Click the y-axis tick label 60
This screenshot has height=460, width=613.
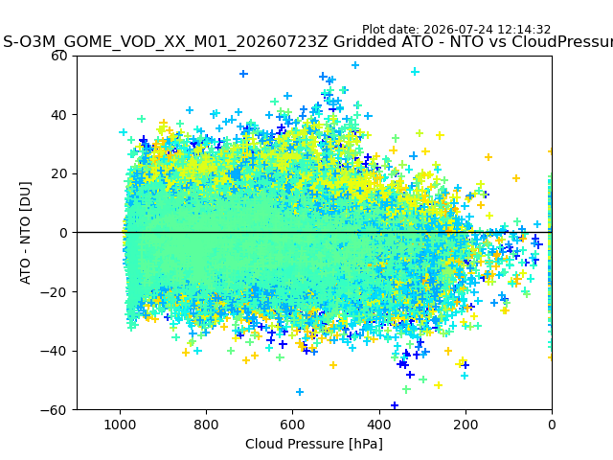(59, 56)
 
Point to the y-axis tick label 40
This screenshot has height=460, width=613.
(59, 115)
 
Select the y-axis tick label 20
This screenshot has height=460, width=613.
(59, 174)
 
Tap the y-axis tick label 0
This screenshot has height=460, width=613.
(63, 233)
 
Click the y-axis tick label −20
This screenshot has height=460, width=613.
(55, 292)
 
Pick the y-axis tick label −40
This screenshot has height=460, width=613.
(55, 352)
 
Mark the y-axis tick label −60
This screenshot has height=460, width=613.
(55, 410)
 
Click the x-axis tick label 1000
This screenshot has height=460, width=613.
(120, 425)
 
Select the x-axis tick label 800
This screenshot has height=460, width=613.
(207, 425)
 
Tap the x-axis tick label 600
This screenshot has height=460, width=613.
(293, 425)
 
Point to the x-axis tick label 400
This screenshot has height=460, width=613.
(379, 425)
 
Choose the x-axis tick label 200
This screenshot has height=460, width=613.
(465, 425)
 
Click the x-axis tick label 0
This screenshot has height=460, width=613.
(552, 425)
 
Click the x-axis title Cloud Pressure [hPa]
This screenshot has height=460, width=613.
(314, 444)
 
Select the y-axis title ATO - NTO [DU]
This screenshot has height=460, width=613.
(25, 233)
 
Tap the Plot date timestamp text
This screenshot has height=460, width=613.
(456, 30)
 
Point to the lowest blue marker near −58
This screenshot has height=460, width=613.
(395, 405)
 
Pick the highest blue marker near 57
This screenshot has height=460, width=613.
(355, 65)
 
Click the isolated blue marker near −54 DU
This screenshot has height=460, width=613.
(300, 392)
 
